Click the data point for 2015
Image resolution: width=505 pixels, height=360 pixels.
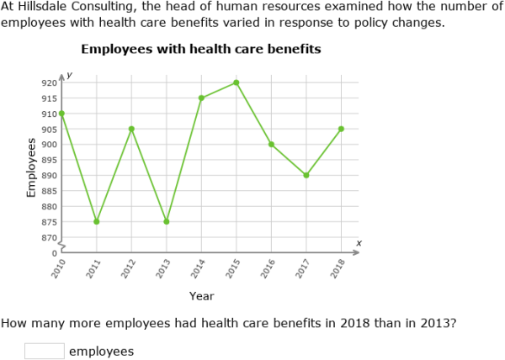point(237,82)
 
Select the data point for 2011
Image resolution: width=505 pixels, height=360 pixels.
point(97,221)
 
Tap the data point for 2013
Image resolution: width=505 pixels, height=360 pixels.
point(167,221)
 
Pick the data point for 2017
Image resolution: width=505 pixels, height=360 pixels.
point(306,175)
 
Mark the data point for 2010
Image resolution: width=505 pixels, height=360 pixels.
point(61,114)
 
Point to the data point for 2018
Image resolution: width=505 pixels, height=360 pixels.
point(341,129)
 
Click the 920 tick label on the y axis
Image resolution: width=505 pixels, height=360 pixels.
point(49,82)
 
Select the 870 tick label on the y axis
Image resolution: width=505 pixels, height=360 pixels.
point(49,238)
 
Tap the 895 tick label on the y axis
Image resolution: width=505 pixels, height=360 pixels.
point(49,160)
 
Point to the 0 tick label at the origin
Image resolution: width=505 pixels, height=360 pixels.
point(55,253)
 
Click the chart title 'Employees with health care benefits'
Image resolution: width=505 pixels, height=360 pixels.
point(201,50)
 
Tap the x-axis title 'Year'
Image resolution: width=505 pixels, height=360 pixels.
point(201,296)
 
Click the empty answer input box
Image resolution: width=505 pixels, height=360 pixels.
point(45,351)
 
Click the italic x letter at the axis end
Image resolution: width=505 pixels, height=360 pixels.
point(359,243)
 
